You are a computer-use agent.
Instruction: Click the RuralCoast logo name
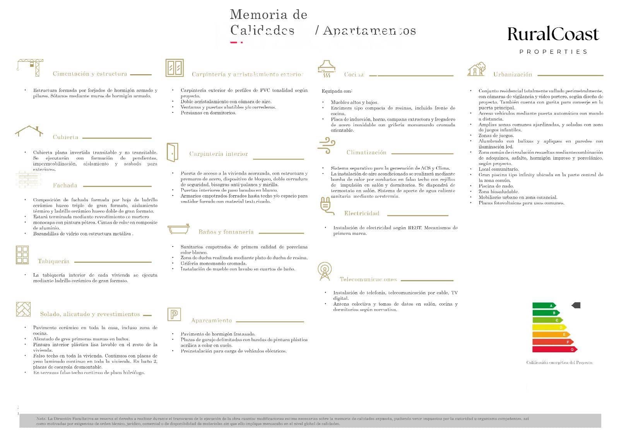[553, 34]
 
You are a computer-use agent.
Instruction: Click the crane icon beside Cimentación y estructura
[30, 67]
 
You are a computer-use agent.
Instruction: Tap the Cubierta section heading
[65, 137]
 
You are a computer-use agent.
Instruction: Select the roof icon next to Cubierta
[29, 131]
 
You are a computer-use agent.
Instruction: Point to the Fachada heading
[65, 185]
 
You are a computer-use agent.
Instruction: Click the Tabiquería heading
[53, 261]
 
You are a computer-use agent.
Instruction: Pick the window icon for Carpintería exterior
[174, 68]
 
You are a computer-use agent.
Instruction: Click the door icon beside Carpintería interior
[173, 152]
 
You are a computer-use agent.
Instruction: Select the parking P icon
[174, 314]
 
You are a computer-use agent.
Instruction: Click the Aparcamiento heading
[211, 320]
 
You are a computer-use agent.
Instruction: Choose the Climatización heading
[366, 153]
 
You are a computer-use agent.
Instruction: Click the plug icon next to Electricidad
[326, 206]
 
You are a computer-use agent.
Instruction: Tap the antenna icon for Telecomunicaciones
[324, 271]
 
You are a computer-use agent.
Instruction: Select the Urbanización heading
[513, 75]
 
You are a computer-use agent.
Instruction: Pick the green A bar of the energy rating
[544, 306]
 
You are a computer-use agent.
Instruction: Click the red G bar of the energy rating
[554, 349]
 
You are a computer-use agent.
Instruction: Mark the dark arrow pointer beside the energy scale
[576, 305]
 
